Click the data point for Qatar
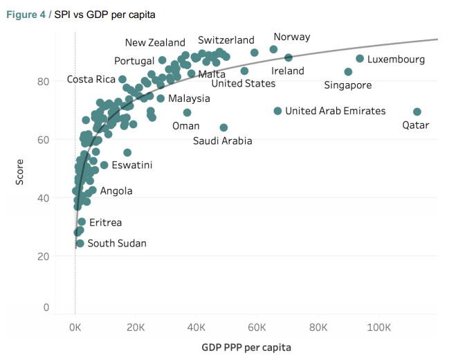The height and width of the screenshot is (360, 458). pos(417,111)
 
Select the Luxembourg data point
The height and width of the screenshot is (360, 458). pos(360,59)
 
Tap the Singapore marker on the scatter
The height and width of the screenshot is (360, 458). pos(348,72)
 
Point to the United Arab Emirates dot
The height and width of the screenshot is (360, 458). pos(277,111)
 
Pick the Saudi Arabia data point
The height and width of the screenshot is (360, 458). pos(223,127)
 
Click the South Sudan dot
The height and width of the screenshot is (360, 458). pos(80,243)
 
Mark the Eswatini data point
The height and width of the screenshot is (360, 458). pos(104,165)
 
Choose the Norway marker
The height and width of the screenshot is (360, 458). pos(273,49)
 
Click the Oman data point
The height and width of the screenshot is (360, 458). pos(187,112)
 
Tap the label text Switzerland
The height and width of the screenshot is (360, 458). pos(226,40)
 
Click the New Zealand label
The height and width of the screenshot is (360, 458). pos(155,43)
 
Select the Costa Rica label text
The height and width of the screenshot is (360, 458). pos(91,80)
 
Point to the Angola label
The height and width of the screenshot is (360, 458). pos(116,190)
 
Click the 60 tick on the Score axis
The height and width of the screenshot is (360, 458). pos(44,139)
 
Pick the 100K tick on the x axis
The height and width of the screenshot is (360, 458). pos(379,327)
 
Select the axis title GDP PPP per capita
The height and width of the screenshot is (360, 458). pos(246,346)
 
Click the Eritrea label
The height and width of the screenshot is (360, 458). pos(105,222)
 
